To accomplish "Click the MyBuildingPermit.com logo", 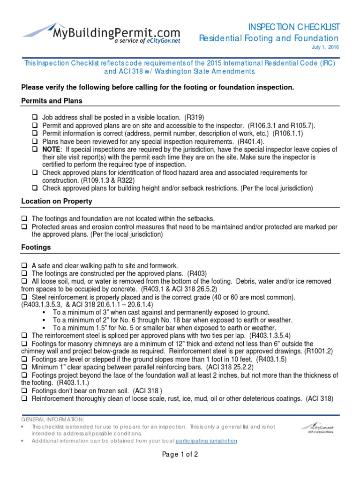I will click(101, 33).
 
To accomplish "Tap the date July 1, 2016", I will click(325, 48).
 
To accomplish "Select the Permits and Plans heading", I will click(52, 101).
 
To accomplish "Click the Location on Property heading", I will click(57, 201).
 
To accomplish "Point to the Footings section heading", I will click(36, 247).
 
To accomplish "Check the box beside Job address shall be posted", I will click(35, 117).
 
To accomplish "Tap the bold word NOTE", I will click(51, 149).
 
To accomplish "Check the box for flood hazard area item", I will click(35, 173).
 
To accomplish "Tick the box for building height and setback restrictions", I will click(35, 188).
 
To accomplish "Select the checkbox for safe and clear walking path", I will click(24, 266).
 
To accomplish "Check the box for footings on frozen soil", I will click(24, 391).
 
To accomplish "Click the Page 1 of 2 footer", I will click(180, 454).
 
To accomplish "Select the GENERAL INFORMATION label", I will click(52, 419).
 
